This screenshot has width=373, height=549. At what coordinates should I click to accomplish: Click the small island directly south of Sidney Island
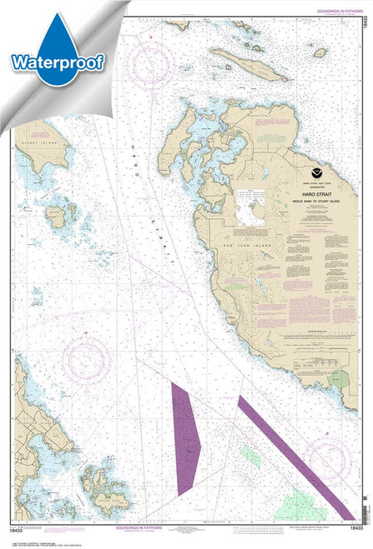coord(58,219)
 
